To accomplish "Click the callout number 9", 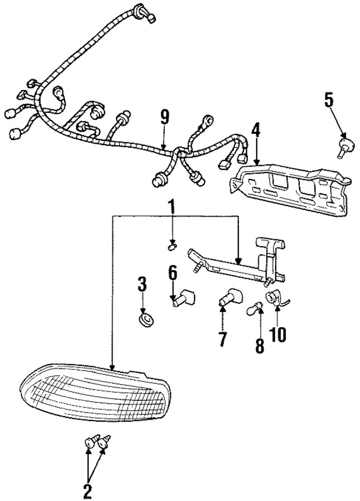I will click(164, 117).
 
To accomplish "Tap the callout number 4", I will click(255, 130).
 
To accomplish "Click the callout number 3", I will click(142, 284).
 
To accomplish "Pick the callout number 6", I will click(173, 274).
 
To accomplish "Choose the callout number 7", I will click(222, 339).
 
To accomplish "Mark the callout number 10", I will click(278, 334).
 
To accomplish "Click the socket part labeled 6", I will click(184, 296).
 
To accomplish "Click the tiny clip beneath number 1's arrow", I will click(173, 245).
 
